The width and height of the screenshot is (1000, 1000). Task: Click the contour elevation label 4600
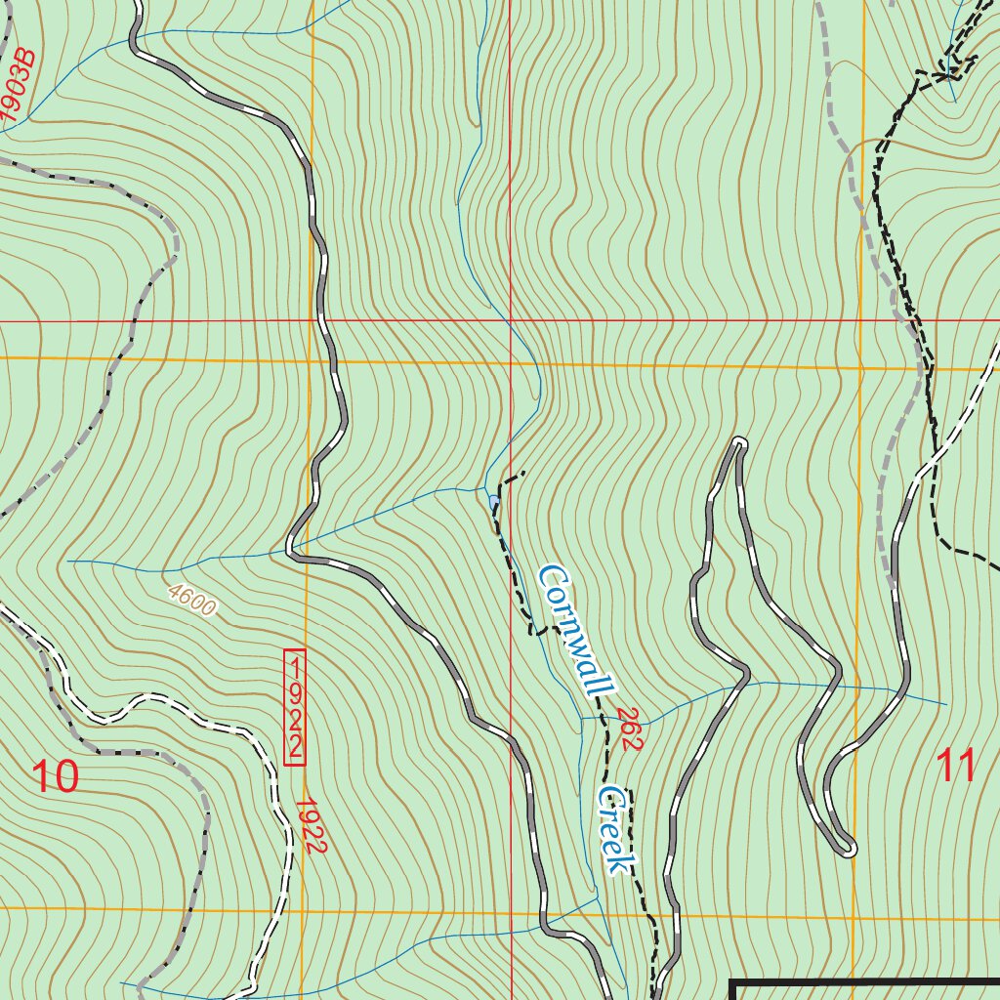point(190,600)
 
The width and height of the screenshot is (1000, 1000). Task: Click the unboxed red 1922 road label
point(309,826)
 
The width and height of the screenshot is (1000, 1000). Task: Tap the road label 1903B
point(19,88)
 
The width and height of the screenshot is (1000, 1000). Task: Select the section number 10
point(55,777)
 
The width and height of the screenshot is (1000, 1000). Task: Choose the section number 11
point(956,767)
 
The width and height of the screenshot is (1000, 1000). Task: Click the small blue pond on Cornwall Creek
point(493,502)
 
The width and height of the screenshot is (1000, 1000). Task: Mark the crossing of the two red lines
point(510,320)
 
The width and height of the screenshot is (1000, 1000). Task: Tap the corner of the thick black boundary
point(732,982)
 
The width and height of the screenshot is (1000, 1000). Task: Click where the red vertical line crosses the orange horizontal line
point(510,363)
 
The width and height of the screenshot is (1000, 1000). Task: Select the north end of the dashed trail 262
point(523,474)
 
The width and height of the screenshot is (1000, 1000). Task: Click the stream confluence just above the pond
point(485,487)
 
